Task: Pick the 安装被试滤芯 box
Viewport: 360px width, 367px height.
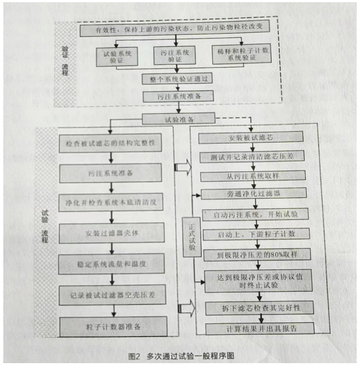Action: coord(255,138)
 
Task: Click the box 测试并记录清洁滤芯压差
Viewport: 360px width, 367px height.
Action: coord(255,157)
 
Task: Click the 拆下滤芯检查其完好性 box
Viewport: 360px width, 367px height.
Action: coord(259,307)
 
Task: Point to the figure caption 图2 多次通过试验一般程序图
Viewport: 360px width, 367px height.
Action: coord(180,355)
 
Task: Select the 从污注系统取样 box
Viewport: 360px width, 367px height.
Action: coord(255,176)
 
